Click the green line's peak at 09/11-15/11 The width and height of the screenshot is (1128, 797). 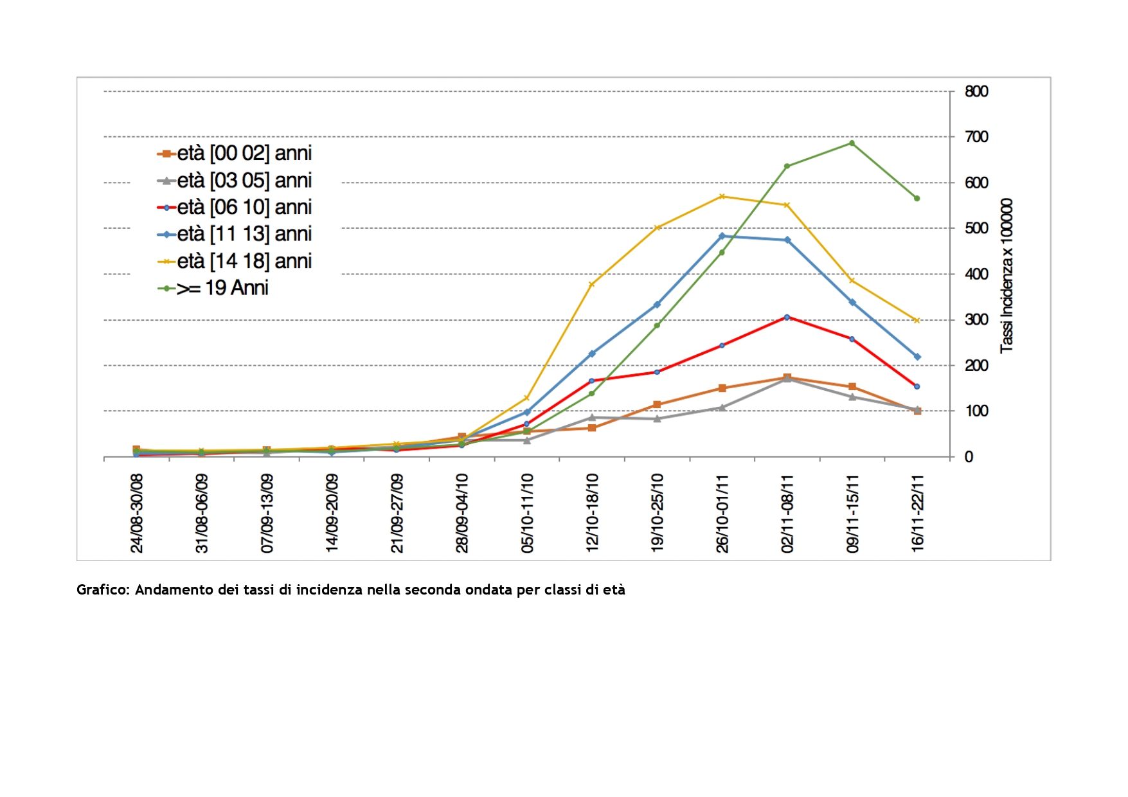pos(852,143)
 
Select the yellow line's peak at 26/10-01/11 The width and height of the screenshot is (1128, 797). pos(722,196)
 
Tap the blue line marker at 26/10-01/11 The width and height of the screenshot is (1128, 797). pos(722,236)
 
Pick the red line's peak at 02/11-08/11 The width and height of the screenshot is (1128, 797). pos(787,317)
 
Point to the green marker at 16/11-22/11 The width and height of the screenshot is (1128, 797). pos(917,198)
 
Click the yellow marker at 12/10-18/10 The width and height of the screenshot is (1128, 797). pos(591,284)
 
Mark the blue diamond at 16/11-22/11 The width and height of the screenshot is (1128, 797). pos(917,357)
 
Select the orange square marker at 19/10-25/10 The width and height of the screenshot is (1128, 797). pos(657,404)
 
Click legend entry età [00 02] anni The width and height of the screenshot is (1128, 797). pos(235,154)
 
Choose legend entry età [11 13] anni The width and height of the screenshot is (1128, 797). pos(235,234)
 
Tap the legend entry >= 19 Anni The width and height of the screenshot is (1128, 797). pos(213,288)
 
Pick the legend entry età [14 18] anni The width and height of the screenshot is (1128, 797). pos(235,261)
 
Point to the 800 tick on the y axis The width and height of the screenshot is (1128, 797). pos(976,91)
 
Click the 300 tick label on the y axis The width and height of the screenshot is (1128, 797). pos(976,319)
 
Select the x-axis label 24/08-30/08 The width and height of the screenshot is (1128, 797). pos(137,513)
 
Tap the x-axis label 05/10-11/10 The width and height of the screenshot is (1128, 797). pos(527,513)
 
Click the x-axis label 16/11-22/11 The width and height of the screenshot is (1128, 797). pos(917,513)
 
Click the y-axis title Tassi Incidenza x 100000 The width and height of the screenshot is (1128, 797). pos(1007,275)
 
